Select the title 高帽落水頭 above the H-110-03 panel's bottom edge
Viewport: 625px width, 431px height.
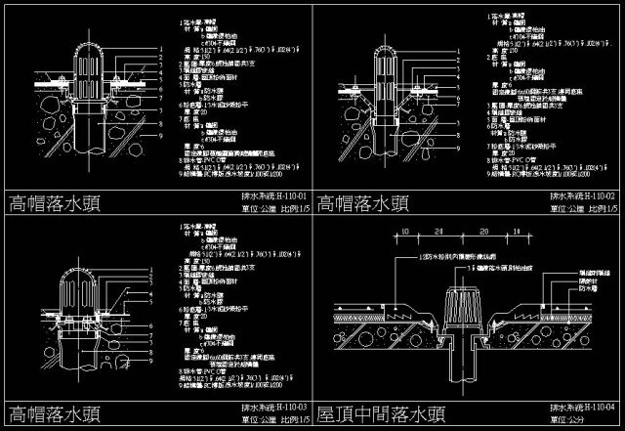(x=58, y=413)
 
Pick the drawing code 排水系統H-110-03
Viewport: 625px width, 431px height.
(x=272, y=406)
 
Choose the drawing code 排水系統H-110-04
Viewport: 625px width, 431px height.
(x=584, y=406)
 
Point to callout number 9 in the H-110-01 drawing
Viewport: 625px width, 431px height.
(x=160, y=135)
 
